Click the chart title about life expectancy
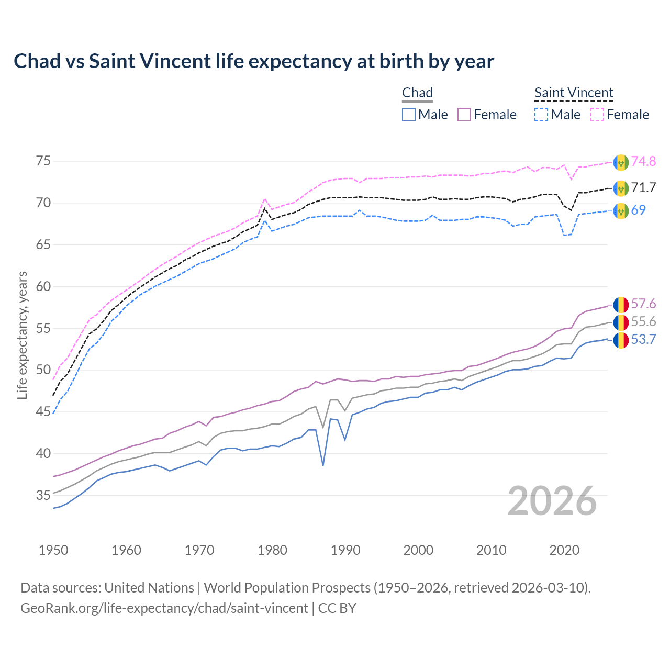pos(254,61)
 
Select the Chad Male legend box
pos(409,115)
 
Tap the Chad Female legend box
pos(464,115)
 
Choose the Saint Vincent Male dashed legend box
pos(541,115)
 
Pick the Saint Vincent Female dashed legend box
pos(597,115)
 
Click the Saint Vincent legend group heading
pos(574,93)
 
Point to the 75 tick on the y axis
pos(43,161)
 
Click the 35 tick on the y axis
pos(43,495)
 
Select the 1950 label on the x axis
pos(53,550)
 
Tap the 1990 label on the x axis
pos(345,550)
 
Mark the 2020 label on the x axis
pos(564,550)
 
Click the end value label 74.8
pos(643,161)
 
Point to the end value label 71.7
pos(643,187)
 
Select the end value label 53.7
pos(643,340)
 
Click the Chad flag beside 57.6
pos(621,304)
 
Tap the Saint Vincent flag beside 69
pos(621,210)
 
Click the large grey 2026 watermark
pos(552,501)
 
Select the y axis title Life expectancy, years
pos(23,335)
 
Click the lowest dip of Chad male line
pos(323,465)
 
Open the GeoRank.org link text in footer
pos(164,608)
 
